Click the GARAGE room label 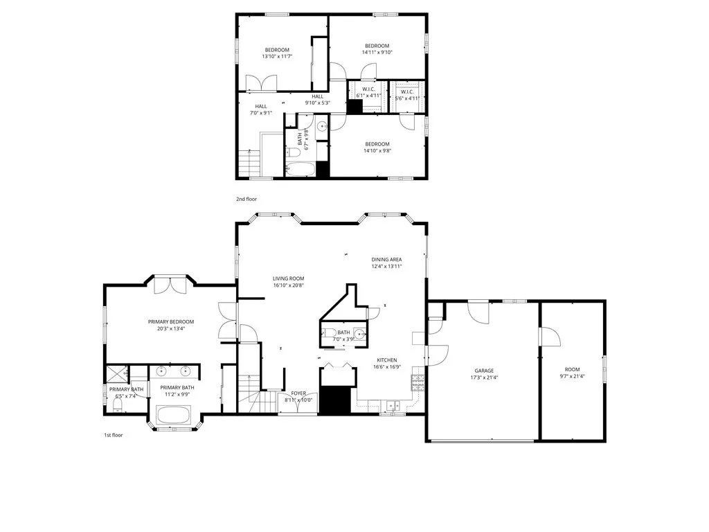point(484,370)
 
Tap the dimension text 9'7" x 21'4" point(572,377)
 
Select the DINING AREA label point(386,259)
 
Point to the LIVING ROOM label point(288,278)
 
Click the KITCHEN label point(386,360)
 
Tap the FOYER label point(298,393)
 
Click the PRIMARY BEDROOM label point(171,321)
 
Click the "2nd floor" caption point(246,199)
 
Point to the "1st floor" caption point(113,435)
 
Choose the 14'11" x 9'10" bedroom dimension point(377,52)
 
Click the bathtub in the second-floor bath point(300,169)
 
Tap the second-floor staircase point(249,163)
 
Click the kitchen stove point(417,379)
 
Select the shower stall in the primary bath point(116,374)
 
